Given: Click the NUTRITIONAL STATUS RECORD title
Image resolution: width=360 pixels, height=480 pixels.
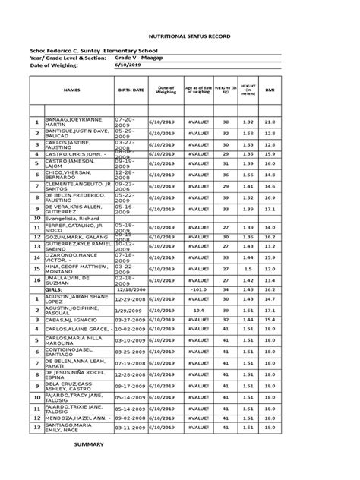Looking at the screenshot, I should pos(180,36).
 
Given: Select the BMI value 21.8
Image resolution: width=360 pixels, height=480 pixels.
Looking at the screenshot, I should pos(270,122).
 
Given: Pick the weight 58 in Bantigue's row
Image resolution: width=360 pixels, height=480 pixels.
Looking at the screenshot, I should pos(226,133).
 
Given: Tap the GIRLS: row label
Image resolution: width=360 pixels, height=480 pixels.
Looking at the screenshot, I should pos(54,289).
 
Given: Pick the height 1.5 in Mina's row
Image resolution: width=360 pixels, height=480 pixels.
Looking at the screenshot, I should pos(248,269).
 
